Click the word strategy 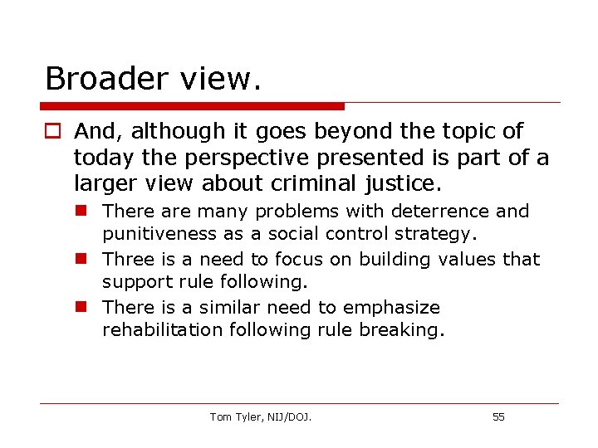(437, 235)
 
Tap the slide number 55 (498, 416)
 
